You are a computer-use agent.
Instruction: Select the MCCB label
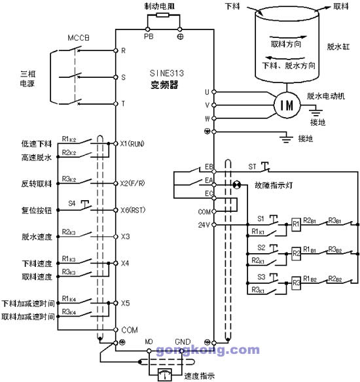(78, 37)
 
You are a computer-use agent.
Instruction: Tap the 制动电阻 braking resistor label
(160, 5)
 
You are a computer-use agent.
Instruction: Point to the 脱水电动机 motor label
(325, 95)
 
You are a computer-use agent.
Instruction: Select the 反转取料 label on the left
(36, 183)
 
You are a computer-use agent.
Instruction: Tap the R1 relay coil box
(297, 224)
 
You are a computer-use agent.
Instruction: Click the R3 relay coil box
(297, 283)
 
